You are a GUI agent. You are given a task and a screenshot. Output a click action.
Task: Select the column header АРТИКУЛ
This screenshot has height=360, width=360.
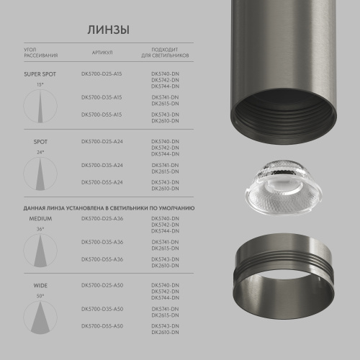click(102, 53)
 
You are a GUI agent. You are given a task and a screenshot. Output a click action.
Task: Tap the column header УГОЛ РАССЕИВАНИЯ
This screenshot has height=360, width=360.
click(41, 53)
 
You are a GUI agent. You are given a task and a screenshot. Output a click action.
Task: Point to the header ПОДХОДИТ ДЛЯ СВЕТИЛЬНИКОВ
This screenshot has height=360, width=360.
click(166, 53)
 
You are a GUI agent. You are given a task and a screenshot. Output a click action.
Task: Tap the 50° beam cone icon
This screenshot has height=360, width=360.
click(40, 318)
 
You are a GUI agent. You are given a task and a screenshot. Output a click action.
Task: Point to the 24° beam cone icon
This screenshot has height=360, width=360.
click(40, 175)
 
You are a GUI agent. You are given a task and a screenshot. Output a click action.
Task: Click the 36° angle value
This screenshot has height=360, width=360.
click(40, 228)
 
